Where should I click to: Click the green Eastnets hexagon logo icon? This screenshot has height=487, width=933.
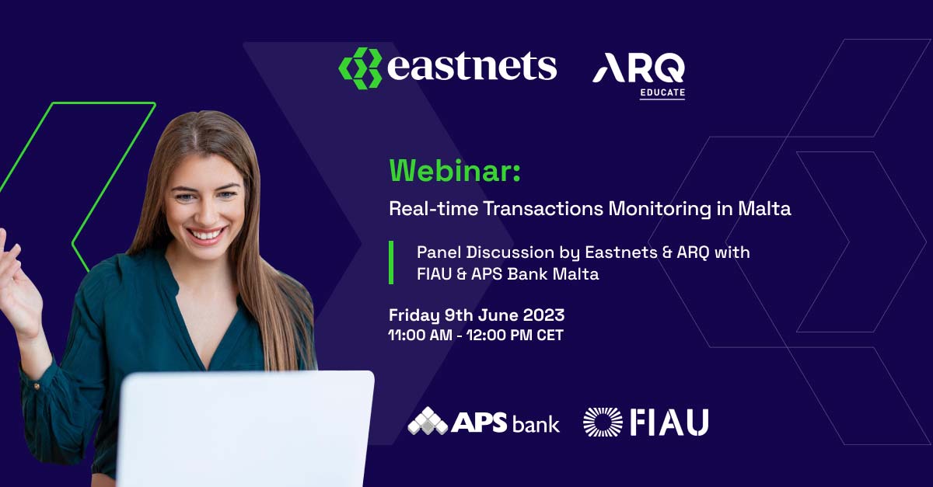pyautogui.click(x=360, y=68)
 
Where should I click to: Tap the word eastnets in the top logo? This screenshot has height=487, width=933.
pyautogui.click(x=472, y=66)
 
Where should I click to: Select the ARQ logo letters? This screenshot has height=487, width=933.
pyautogui.click(x=638, y=68)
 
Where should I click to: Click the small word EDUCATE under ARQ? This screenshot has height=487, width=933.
pyautogui.click(x=662, y=92)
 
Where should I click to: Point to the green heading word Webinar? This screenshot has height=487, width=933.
pyautogui.click(x=455, y=171)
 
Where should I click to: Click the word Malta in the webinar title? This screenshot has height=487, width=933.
pyautogui.click(x=764, y=208)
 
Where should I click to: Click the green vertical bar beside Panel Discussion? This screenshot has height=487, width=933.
pyautogui.click(x=391, y=263)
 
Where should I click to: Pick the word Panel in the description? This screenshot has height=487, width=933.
pyautogui.click(x=439, y=252)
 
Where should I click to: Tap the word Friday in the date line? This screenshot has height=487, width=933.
pyautogui.click(x=414, y=315)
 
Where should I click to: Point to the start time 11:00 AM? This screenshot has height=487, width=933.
pyautogui.click(x=420, y=335)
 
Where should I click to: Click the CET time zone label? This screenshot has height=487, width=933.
pyautogui.click(x=550, y=335)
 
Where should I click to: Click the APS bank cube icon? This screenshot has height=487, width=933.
pyautogui.click(x=428, y=421)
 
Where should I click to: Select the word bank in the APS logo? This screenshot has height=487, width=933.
pyautogui.click(x=536, y=424)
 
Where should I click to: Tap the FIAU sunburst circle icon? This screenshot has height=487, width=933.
pyautogui.click(x=603, y=422)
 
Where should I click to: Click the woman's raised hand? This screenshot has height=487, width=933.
pyautogui.click(x=19, y=283)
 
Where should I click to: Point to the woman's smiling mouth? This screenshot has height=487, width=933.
pyautogui.click(x=206, y=235)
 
